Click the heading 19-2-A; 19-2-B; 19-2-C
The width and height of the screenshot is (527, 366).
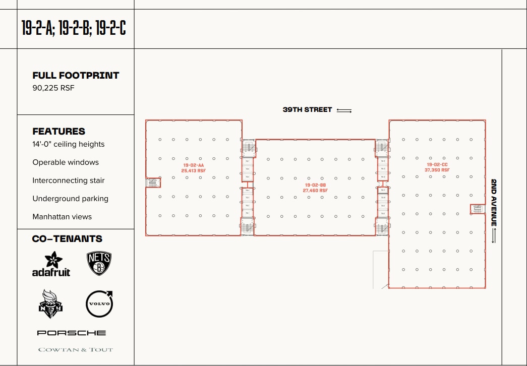point(74,28)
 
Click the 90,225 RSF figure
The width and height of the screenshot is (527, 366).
point(53,88)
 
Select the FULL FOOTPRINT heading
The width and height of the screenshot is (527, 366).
point(76,76)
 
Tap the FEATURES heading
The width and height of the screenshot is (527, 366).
point(59,131)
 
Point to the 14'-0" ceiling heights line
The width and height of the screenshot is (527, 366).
point(69,144)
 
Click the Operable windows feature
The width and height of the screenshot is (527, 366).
point(66,162)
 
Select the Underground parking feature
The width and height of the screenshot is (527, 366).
point(70,199)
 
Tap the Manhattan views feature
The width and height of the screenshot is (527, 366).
point(62,217)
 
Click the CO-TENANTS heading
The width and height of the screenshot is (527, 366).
point(67,239)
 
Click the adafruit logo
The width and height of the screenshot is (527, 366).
point(51,265)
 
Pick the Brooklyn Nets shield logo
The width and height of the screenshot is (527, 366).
point(99,264)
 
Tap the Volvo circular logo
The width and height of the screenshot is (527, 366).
point(99,304)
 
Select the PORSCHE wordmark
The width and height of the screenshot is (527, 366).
point(72,333)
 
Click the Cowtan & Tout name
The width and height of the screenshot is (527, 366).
point(75,349)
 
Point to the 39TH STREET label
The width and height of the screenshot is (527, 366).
point(307,109)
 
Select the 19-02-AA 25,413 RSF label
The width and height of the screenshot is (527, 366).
point(194,168)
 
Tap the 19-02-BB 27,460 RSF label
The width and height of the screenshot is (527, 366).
point(316,188)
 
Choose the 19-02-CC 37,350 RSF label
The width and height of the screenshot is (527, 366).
point(437,167)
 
